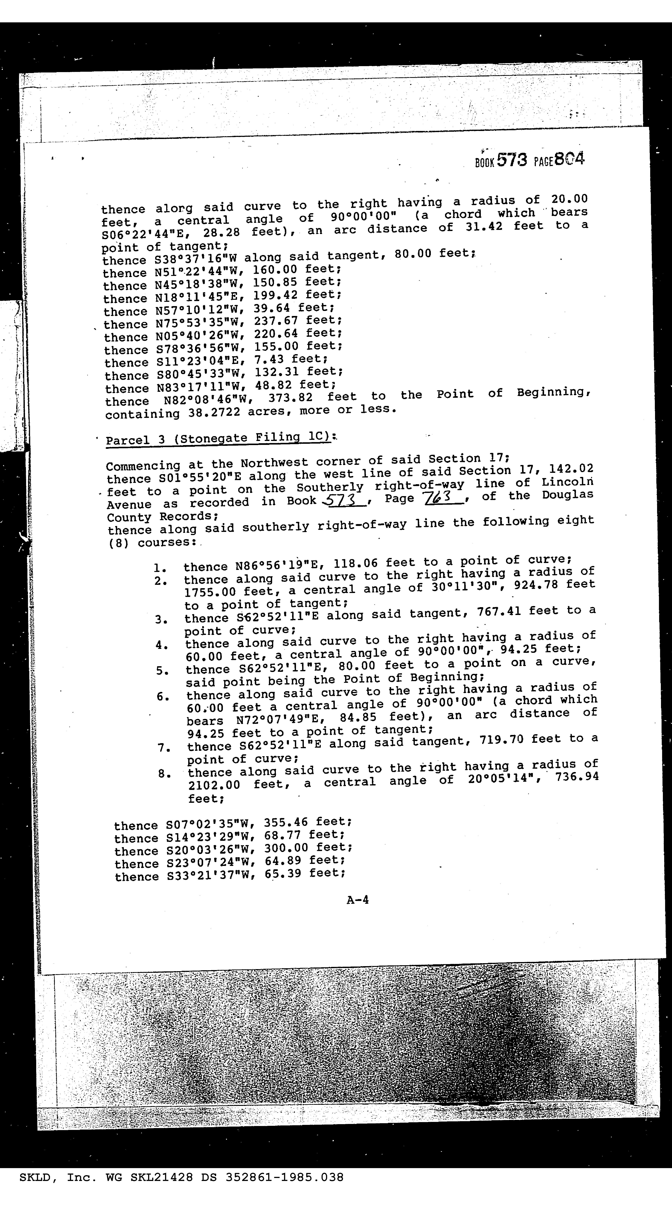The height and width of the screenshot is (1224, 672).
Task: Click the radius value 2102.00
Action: (214, 785)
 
